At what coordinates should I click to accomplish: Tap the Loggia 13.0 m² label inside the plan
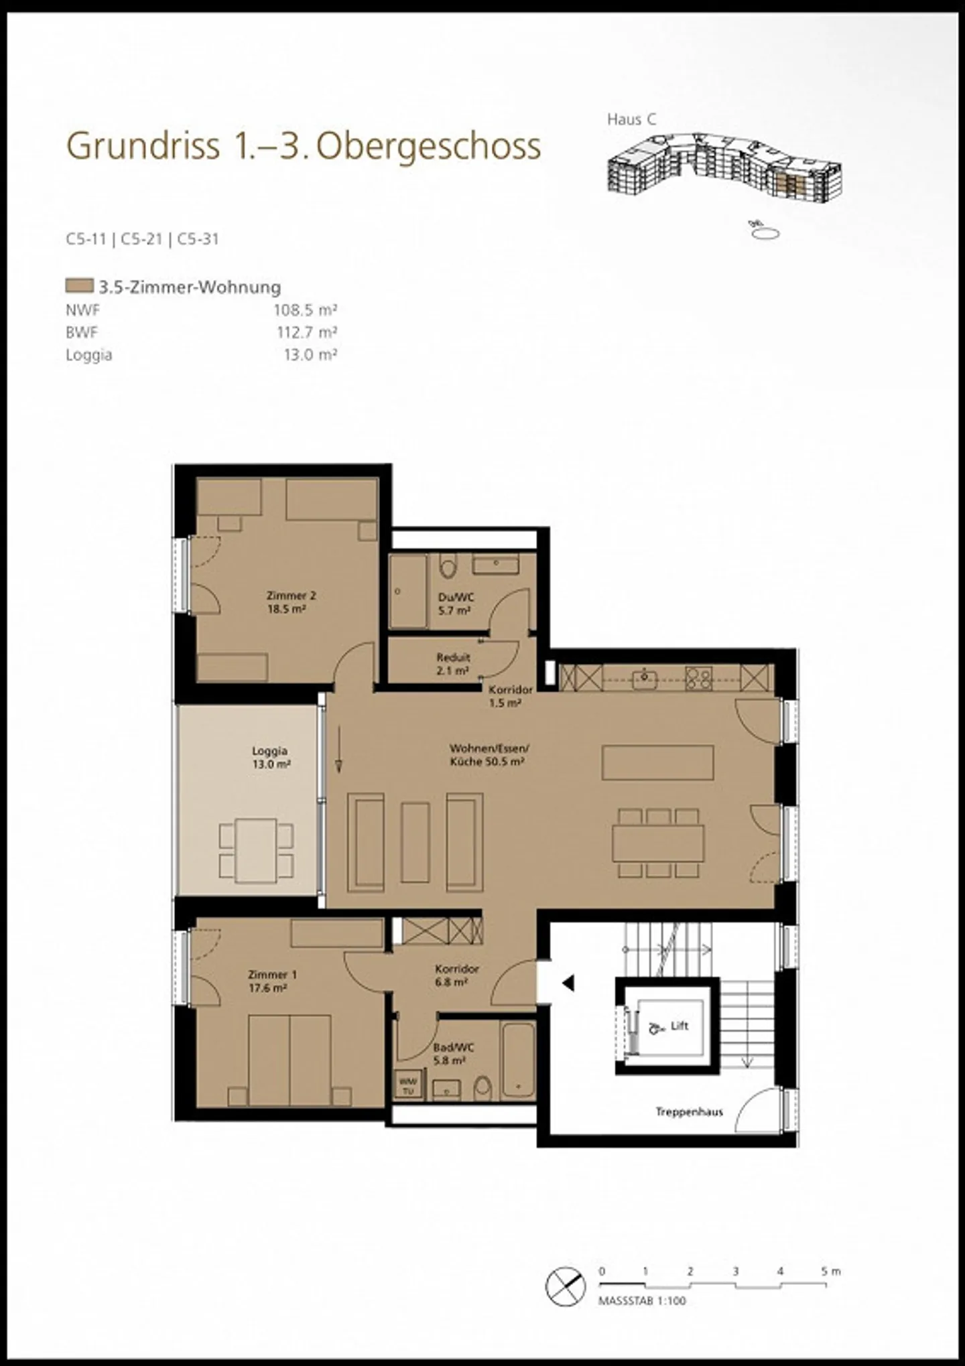[x=270, y=757]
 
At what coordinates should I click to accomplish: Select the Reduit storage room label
[x=453, y=664]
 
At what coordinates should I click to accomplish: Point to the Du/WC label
[x=455, y=604]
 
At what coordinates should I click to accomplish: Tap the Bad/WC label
[x=453, y=1054]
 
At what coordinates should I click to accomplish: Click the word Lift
[x=679, y=1026]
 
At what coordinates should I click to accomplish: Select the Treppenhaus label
[x=689, y=1112]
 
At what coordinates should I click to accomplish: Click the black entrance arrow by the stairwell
[x=568, y=983]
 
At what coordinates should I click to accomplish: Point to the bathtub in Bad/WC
[x=518, y=1060]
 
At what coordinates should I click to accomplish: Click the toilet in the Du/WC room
[x=448, y=567]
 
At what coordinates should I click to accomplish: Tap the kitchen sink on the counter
[x=645, y=678]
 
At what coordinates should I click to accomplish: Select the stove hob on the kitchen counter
[x=698, y=678]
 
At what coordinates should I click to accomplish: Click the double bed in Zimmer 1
[x=289, y=1060]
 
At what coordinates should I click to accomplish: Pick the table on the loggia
[x=256, y=850]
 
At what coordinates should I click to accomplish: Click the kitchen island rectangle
[x=657, y=762]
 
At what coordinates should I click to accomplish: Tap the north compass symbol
[x=566, y=1287]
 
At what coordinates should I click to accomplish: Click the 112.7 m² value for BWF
[x=306, y=332]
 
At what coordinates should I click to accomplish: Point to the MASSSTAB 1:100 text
[x=642, y=1301]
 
